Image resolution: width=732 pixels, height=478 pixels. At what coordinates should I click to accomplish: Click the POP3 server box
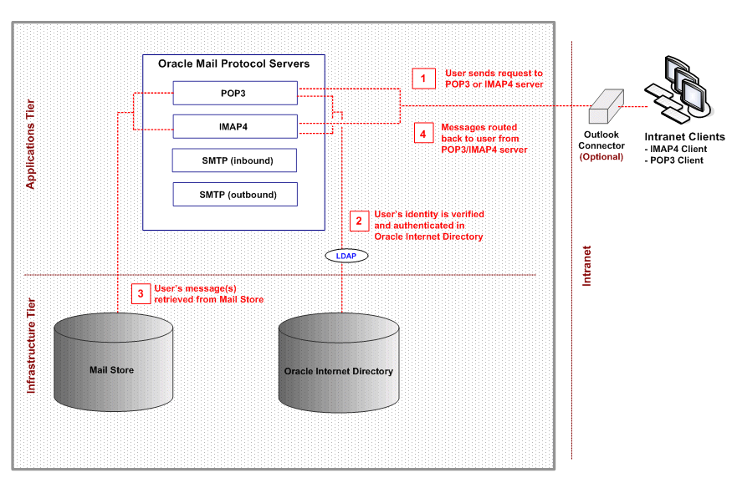235,93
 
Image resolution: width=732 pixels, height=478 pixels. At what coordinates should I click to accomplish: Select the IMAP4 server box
235,127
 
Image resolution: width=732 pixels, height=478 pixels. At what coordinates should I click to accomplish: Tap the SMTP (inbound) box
235,160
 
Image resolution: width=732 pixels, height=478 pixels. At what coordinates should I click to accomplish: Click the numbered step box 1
423,79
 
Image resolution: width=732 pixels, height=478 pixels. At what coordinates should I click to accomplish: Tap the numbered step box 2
359,221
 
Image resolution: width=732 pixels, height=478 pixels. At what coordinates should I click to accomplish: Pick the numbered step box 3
141,293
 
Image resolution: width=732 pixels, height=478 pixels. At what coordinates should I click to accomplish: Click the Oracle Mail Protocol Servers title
234,64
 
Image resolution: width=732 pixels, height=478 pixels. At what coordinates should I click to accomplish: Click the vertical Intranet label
586,267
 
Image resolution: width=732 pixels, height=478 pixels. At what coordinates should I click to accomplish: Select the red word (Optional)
601,156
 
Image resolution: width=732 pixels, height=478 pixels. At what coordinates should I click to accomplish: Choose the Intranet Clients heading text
684,137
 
